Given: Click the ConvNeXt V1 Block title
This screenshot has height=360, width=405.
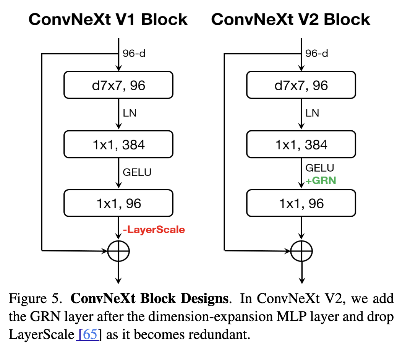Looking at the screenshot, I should (x=108, y=19).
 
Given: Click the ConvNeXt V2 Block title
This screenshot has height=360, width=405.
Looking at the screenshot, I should (x=290, y=19).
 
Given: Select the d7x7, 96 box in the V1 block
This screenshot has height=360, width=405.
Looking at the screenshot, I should (x=119, y=86).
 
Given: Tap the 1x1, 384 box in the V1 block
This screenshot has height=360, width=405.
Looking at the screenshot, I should (x=119, y=144).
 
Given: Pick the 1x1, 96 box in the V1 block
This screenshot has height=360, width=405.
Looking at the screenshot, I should (x=119, y=203).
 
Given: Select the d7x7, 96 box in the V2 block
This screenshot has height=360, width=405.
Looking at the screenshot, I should (x=301, y=86).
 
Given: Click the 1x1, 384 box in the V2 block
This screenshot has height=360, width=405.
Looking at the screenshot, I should (x=301, y=144).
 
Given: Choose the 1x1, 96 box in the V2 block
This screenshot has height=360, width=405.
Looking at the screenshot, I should (x=301, y=203).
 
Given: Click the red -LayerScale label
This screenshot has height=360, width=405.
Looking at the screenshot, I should (x=154, y=230).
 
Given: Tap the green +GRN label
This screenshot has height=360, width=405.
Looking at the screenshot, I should (x=321, y=181).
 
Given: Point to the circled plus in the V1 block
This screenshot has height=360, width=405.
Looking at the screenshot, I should (x=119, y=251).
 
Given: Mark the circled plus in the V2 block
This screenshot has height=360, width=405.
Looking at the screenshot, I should (x=301, y=251).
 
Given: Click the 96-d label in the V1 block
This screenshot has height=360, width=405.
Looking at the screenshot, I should (x=134, y=54).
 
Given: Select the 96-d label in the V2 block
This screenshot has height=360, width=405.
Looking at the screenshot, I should (x=317, y=54).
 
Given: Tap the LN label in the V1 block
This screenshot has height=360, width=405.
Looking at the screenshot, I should (x=130, y=113).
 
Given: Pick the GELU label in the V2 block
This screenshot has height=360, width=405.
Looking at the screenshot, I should (x=320, y=168).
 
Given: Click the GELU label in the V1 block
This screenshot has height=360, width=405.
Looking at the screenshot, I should (x=137, y=172).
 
